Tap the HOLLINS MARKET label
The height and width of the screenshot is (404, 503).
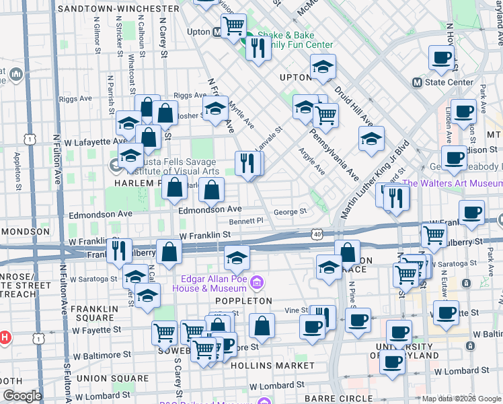272,366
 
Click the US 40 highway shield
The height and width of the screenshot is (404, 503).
316,234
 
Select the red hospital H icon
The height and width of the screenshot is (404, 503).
3,336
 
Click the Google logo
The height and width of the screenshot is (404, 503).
22,395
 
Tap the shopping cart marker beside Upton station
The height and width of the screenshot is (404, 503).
233,26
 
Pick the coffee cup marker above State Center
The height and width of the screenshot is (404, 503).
441,58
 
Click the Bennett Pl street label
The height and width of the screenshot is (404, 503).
246,221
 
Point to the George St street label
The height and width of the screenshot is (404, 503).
290,211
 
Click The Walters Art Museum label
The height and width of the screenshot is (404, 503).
452,183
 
